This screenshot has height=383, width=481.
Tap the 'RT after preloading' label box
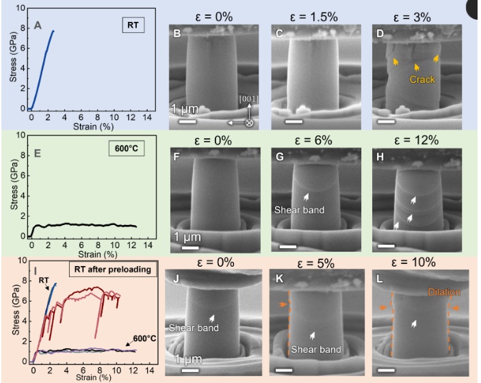[x=114, y=268]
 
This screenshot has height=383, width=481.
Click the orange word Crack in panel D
[x=423, y=80]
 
